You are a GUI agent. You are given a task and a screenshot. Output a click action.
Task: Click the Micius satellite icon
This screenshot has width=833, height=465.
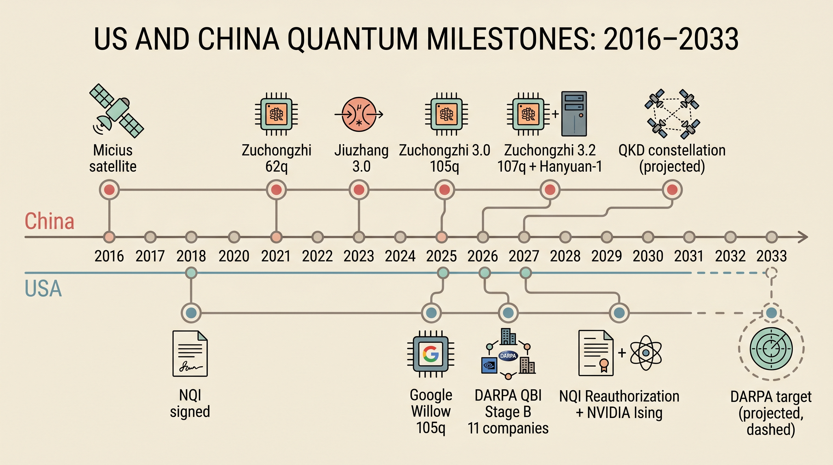(x=116, y=111)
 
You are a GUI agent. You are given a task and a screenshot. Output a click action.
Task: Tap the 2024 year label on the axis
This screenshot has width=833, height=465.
(x=400, y=256)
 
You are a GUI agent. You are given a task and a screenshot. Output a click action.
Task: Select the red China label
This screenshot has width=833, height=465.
(x=49, y=222)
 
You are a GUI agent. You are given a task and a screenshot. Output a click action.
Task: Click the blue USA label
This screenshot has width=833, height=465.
(x=43, y=289)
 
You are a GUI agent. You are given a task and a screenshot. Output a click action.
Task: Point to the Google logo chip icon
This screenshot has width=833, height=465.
(x=431, y=354)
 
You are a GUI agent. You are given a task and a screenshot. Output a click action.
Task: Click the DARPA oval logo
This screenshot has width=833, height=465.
(x=508, y=356)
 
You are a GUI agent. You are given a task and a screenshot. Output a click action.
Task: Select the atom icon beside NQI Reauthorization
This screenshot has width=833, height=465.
(x=646, y=353)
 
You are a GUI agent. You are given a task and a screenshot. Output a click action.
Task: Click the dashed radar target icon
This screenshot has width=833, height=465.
(x=771, y=348)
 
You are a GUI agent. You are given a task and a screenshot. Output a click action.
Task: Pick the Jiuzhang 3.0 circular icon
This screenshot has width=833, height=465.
(x=359, y=114)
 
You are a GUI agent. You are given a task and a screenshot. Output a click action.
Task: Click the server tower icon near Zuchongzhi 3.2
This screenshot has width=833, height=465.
(x=574, y=114)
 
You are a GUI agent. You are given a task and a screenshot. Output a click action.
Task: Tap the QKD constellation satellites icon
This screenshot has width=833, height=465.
(x=672, y=114)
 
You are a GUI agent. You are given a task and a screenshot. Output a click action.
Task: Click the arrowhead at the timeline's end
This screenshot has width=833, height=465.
(x=803, y=237)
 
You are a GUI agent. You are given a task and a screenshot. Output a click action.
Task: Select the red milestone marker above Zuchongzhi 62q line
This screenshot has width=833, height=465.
(x=276, y=190)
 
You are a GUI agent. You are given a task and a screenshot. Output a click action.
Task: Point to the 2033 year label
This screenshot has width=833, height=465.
(x=771, y=256)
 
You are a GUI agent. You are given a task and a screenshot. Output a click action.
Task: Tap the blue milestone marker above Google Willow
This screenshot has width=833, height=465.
(x=431, y=313)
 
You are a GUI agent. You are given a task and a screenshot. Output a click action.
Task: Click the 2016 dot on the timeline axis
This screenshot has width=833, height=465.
(x=109, y=237)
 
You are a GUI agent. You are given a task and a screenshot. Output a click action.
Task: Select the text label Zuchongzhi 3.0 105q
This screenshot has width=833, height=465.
(x=444, y=158)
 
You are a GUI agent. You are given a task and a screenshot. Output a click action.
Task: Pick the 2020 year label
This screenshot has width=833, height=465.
(x=234, y=256)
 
